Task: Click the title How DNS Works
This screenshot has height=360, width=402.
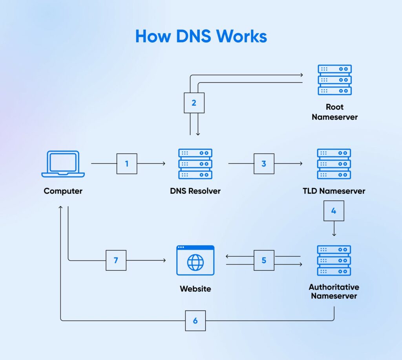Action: coord(201,37)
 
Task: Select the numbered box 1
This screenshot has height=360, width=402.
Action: coord(127,163)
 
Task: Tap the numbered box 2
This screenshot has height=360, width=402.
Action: coord(194,103)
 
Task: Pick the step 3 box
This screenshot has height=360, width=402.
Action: coord(264,163)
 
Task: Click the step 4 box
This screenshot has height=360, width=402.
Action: coord(334,211)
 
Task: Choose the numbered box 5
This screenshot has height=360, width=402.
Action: coord(264,260)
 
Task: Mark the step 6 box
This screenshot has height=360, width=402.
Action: coord(195,320)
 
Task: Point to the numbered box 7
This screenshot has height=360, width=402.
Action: coord(116,260)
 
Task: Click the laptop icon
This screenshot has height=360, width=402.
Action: coord(63,164)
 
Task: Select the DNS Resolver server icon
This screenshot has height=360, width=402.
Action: coord(195,164)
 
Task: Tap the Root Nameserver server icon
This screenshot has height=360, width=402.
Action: coord(334,80)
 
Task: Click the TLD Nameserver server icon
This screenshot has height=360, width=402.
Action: coord(334,164)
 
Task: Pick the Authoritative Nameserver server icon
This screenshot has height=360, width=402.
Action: coord(334,261)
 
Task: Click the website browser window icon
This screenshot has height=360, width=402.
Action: coord(195,260)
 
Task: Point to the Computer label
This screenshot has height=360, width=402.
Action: coord(63,191)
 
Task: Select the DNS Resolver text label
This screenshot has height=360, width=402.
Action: coord(195,191)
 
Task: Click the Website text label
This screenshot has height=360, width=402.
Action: coord(195,289)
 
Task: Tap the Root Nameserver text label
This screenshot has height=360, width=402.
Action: coord(334,112)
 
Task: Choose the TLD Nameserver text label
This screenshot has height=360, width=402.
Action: coord(334,191)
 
